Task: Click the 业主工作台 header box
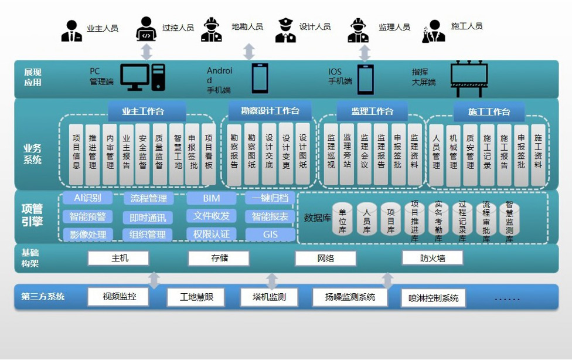click(x=147, y=111)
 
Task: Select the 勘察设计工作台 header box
click(x=270, y=111)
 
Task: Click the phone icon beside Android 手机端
click(x=260, y=79)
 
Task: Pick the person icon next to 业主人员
click(x=71, y=31)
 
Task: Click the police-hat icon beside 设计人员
click(x=284, y=30)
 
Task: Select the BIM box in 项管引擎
click(x=211, y=198)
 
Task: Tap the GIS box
click(x=270, y=235)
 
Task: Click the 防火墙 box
click(x=433, y=258)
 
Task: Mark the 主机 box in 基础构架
click(x=118, y=258)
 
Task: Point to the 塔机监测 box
click(x=270, y=297)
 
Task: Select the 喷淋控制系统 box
click(x=433, y=298)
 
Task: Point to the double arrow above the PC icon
click(x=147, y=51)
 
